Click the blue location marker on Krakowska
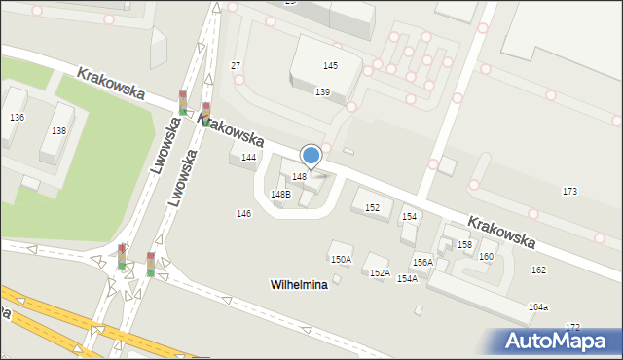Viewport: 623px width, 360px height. tap(311, 156)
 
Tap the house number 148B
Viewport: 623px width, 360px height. tap(280, 194)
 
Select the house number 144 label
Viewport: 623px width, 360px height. tap(249, 157)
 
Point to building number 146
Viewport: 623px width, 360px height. tap(243, 213)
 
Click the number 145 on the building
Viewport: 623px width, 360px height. tap(331, 65)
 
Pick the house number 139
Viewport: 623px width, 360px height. tap(322, 91)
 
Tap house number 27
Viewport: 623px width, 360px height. tap(236, 65)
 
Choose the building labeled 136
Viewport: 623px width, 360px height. tap(17, 117)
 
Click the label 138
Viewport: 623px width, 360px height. tap(58, 130)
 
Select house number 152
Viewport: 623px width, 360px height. tap(372, 207)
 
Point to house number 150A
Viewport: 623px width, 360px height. tap(341, 259)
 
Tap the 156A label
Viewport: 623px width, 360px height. tap(422, 262)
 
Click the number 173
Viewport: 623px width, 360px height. tap(570, 192)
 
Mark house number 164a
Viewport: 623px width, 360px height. tap(538, 306)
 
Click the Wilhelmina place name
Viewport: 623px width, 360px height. tap(298, 285)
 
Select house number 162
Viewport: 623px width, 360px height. tap(538, 270)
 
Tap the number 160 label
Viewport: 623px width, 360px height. tap(486, 256)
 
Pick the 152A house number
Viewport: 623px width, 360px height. tap(380, 273)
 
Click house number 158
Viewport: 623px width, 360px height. tap(465, 244)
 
